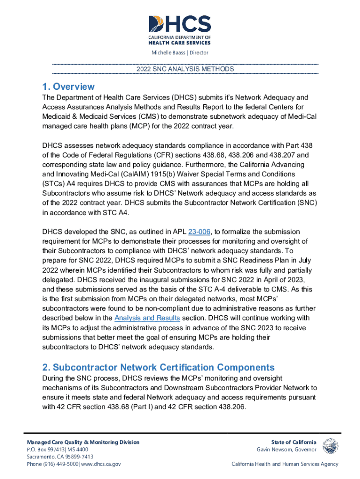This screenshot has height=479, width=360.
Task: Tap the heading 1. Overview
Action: pyautogui.click(x=68, y=87)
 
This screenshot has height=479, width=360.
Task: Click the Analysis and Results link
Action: pyautogui.click(x=147, y=318)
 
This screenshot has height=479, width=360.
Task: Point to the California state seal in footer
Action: pyautogui.click(x=331, y=446)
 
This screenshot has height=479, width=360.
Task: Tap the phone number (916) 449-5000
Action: pyautogui.click(x=63, y=464)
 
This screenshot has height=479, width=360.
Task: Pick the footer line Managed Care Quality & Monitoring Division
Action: pyautogui.click(x=83, y=442)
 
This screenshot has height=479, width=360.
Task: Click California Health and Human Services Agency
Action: pyautogui.click(x=285, y=464)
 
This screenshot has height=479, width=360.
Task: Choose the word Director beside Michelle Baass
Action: pyautogui.click(x=199, y=53)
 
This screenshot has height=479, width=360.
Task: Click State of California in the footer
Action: pyautogui.click(x=294, y=442)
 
